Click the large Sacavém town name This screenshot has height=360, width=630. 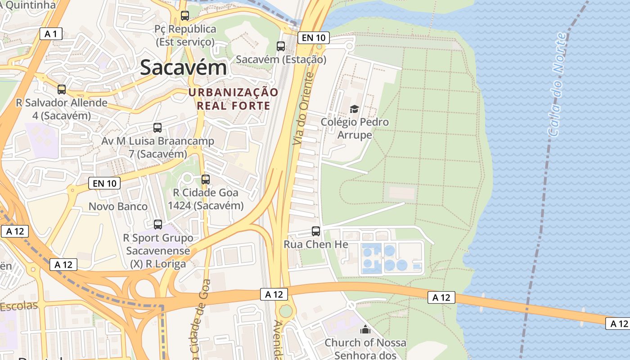pos(183,67)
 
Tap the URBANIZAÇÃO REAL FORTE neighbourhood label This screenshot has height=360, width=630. pos(234,99)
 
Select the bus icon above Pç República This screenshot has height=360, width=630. pos(184,16)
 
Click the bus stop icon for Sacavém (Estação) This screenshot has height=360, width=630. pos(281,46)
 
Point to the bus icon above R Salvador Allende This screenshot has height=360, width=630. pos(62,89)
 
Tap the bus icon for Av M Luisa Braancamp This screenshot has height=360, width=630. pos(157,127)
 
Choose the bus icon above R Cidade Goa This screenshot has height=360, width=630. pos(206,179)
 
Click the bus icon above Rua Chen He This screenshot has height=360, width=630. pos(316,231)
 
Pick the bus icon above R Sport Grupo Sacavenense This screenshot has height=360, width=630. pos(158,224)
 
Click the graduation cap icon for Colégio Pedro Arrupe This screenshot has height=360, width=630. pos(355,109)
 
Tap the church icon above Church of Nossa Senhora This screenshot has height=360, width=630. pos(365,330)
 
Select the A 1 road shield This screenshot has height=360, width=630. pos(51,34)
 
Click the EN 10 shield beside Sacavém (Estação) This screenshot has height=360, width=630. pos(314,38)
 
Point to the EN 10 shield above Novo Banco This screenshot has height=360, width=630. pos(104,183)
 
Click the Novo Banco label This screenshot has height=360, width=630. pos(118,207)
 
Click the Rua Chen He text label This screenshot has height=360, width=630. pos(316,244)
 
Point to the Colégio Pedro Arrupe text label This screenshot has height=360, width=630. pos(355,128)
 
